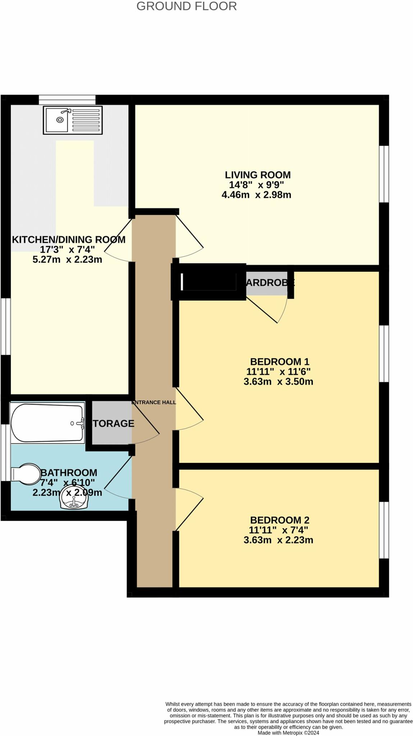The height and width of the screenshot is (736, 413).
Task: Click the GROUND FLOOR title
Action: (186, 6)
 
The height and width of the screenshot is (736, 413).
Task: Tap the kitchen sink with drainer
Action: (73, 120)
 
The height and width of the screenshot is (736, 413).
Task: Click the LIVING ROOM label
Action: (257, 175)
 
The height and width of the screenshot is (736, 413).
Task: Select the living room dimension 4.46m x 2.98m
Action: (256, 195)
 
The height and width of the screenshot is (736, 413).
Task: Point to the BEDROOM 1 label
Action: (279, 362)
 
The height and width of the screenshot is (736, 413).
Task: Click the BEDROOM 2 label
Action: (279, 520)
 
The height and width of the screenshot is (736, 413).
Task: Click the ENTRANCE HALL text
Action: (154, 402)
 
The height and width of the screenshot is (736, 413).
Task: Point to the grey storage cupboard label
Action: (113, 423)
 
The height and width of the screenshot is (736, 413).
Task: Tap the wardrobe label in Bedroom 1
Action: (270, 283)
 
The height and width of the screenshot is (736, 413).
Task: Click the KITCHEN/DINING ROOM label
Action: (69, 240)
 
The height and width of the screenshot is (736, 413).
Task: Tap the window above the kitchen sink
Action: (67, 100)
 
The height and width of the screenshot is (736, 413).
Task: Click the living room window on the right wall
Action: (384, 174)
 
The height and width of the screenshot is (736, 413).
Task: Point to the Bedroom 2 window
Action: (384, 530)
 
